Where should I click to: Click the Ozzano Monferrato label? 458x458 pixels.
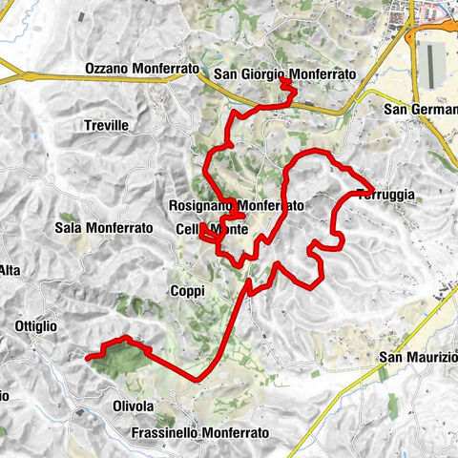coord(140,70)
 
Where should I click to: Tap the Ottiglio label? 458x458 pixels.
coord(37,326)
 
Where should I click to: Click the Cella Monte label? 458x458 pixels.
coord(212,230)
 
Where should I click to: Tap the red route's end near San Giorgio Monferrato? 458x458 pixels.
coord(282,85)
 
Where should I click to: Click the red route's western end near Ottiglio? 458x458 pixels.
coord(87,358)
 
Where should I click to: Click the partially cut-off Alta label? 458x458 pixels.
coord(10,271)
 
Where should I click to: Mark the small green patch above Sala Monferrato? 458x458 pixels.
coord(66,218)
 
